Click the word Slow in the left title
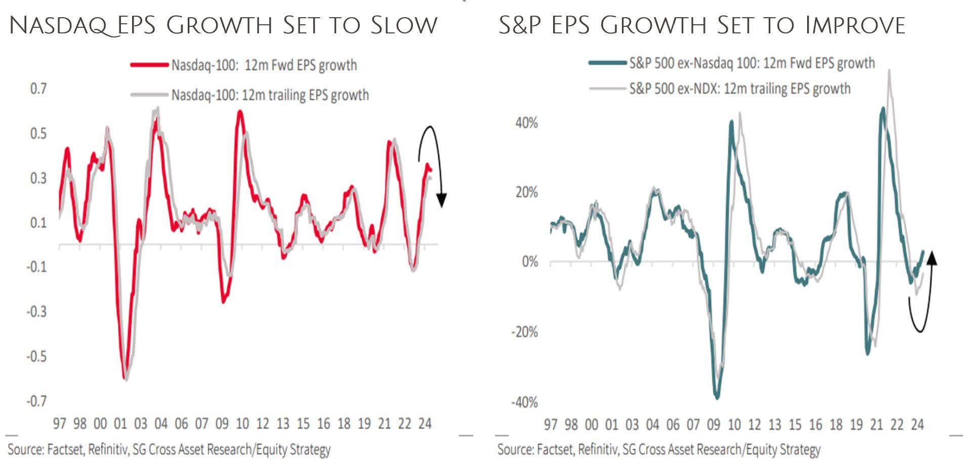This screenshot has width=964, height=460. tap(403, 25)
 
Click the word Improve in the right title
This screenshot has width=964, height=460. tap(855, 25)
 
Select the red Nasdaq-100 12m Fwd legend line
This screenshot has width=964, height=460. tap(149, 65)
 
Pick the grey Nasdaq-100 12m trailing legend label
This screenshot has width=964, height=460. tap(270, 95)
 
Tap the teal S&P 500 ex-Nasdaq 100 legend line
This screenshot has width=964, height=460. tap(607, 63)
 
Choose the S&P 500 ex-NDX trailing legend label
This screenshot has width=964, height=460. tap(739, 89)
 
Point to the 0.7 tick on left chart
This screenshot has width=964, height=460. tap(38, 89)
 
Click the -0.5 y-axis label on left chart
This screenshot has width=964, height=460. tap(36, 356)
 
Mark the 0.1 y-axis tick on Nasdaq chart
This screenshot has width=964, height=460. tap(38, 223)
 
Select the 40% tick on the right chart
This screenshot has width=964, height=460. tap(526, 123)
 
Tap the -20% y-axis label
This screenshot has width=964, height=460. tap(524, 332)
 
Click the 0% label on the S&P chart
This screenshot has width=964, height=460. tap(530, 262)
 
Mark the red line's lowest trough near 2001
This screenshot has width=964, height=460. tap(124, 377)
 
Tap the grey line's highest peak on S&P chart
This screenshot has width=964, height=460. tap(889, 71)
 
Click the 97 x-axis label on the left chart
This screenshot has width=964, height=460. tap(59, 423)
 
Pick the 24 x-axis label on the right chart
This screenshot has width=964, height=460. tap(917, 424)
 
